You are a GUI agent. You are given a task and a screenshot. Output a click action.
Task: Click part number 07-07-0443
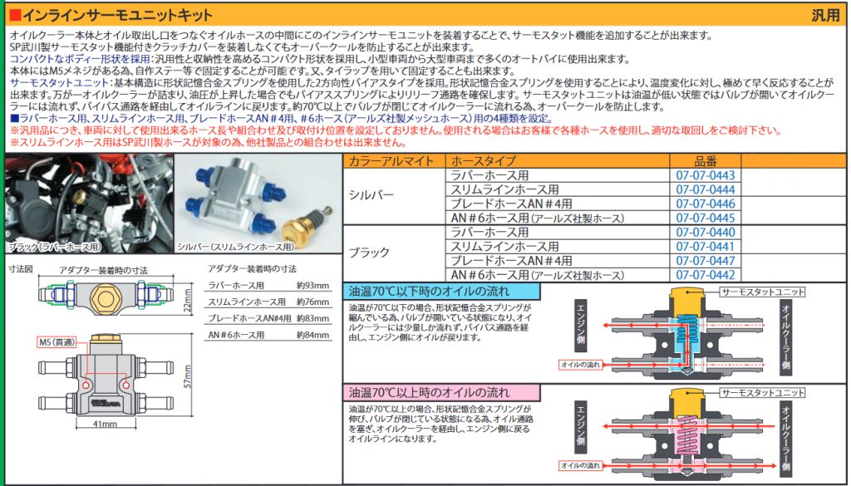(x=705, y=175)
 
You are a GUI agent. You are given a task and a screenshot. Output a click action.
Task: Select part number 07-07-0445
(x=705, y=218)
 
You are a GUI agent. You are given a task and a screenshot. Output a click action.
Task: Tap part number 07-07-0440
(x=705, y=232)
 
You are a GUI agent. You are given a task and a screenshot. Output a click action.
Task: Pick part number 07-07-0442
(x=705, y=275)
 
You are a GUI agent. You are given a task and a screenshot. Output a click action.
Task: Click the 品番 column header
(x=706, y=161)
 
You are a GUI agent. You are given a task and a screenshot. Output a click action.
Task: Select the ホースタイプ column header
(x=483, y=161)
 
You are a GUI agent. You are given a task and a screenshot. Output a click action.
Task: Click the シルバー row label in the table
(x=371, y=195)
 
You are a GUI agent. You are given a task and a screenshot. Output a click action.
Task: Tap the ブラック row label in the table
(x=369, y=253)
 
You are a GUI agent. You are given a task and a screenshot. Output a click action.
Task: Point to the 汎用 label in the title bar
(x=825, y=15)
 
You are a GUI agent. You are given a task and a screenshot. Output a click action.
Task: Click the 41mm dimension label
(x=105, y=423)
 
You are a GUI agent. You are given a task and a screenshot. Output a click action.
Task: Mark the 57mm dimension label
(x=187, y=376)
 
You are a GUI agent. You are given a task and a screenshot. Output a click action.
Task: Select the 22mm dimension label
(x=187, y=299)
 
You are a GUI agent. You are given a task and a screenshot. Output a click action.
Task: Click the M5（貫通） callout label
(x=56, y=342)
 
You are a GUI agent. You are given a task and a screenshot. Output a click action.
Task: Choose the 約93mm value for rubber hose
(x=312, y=285)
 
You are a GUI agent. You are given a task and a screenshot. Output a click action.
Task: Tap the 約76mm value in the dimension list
(x=312, y=302)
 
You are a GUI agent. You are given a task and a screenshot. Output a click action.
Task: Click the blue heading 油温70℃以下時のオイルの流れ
(x=429, y=292)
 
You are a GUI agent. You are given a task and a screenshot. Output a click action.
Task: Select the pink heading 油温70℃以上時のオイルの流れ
(x=429, y=391)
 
